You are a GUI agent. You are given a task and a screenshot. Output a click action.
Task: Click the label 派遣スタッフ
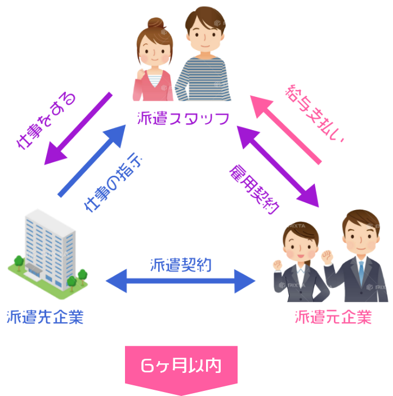[184, 119]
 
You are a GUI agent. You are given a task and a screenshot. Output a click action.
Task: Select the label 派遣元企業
[333, 317]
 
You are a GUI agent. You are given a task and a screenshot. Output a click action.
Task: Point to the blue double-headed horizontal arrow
[181, 281]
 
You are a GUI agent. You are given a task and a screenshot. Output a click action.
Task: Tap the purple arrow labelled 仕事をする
[78, 129]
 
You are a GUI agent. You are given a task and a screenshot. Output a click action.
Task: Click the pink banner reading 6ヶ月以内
[181, 366]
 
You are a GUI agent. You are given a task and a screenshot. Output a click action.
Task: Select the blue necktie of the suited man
[360, 271]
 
